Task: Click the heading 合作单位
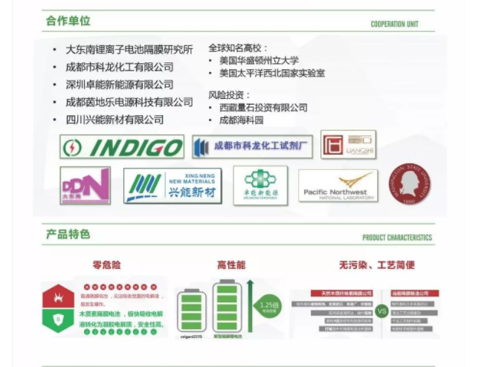[x=68, y=21]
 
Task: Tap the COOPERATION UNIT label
[x=394, y=25]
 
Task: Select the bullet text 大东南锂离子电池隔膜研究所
[x=129, y=50]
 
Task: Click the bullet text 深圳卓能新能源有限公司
[x=119, y=85]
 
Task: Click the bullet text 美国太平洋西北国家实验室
[x=271, y=74]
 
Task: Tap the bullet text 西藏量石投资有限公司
[x=263, y=108]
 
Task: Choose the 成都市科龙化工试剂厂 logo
[x=252, y=146]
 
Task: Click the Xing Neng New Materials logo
[x=173, y=186]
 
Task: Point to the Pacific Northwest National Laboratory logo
[x=338, y=186]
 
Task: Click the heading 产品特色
[x=68, y=234]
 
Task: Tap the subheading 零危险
[x=106, y=265]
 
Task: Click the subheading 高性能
[x=231, y=265]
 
